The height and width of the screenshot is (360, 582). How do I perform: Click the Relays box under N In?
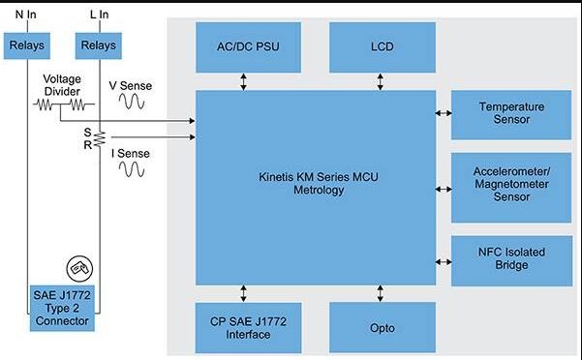click(x=27, y=45)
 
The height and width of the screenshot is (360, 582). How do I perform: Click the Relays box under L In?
click(x=99, y=45)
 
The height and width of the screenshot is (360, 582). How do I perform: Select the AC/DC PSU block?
click(x=248, y=47)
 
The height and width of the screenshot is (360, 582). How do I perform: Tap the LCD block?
click(x=383, y=47)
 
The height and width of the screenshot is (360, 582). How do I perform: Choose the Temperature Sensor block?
click(x=511, y=115)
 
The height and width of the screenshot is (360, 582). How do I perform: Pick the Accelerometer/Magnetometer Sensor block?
click(x=511, y=188)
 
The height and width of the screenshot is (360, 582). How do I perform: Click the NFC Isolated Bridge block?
click(x=511, y=260)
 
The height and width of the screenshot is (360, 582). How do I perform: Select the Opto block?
click(x=383, y=327)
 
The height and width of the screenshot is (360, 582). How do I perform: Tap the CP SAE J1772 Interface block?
click(x=248, y=328)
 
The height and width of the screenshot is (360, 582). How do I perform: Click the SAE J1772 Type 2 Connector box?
click(x=62, y=308)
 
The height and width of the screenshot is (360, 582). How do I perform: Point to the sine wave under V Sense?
click(x=132, y=101)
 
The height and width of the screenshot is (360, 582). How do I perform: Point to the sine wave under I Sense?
click(x=132, y=169)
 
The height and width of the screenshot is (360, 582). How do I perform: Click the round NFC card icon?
click(x=79, y=268)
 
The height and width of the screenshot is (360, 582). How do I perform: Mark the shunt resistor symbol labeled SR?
click(x=100, y=138)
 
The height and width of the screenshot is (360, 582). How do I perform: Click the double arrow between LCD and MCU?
click(x=380, y=81)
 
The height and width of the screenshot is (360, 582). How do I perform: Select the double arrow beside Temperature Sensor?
click(x=444, y=113)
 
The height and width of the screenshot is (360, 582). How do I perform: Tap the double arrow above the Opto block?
click(x=380, y=293)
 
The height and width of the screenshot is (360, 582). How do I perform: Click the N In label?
click(x=26, y=15)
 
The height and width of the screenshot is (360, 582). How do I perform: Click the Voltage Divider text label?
click(x=62, y=85)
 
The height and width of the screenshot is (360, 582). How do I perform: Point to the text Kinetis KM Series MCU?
click(x=319, y=177)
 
